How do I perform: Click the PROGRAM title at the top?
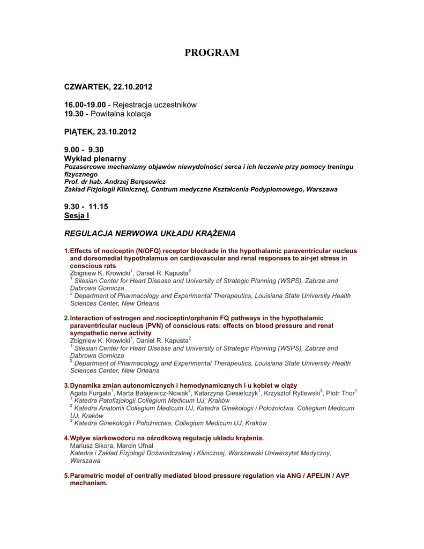(x=212, y=53)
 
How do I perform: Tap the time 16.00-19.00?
(x=85, y=105)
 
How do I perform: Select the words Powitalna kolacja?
(x=121, y=114)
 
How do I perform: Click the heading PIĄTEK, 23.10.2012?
(x=100, y=131)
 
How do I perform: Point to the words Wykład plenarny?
(x=95, y=159)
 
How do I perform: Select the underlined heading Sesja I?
(x=76, y=216)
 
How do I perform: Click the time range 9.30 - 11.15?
(x=86, y=206)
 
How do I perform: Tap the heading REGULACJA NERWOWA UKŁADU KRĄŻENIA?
(x=150, y=233)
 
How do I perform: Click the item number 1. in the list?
(x=66, y=251)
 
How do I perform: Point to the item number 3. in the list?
(x=66, y=385)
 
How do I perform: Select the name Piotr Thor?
(x=340, y=394)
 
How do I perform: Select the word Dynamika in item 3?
(x=86, y=385)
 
